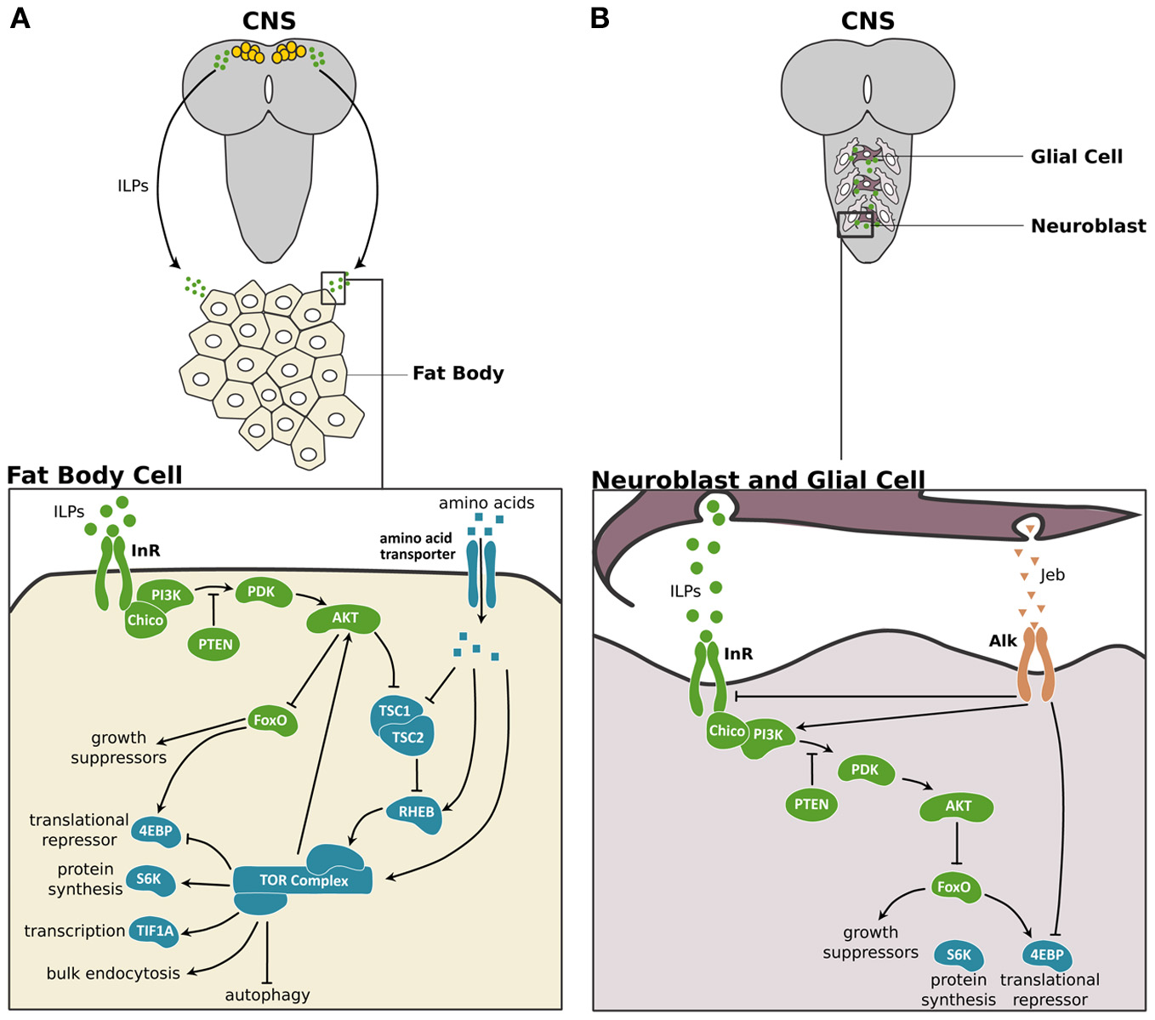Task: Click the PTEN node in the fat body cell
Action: tap(213, 644)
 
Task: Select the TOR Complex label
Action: tap(304, 880)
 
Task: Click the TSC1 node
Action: tap(395, 711)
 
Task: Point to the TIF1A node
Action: tap(155, 931)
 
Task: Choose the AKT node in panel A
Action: tap(344, 618)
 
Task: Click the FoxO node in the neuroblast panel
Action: tap(953, 887)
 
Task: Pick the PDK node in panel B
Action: tap(865, 770)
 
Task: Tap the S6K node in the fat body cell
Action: tap(150, 880)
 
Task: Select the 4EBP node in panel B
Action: tap(1047, 955)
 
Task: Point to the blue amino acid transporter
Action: tap(481, 574)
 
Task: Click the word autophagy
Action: tap(267, 995)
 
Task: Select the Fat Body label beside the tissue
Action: tap(458, 373)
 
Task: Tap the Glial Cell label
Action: tap(1077, 157)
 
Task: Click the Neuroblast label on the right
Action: tap(1089, 225)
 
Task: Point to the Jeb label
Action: tap(1052, 575)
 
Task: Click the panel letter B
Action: tap(599, 18)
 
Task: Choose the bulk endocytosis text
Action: tap(113, 972)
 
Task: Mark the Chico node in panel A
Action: tap(145, 620)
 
